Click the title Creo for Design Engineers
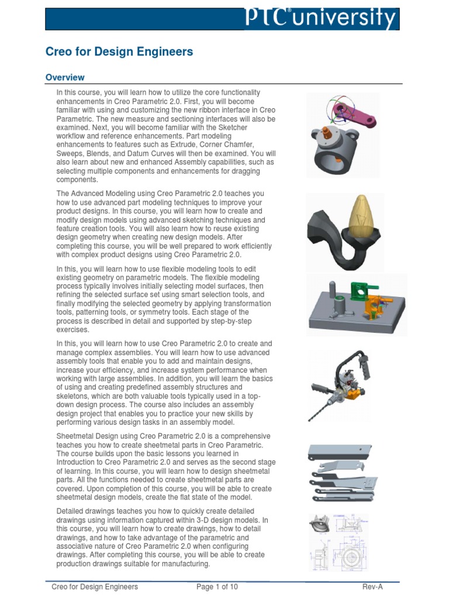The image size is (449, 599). click(119, 52)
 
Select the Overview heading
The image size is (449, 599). click(65, 77)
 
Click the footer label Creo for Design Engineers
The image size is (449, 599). click(95, 586)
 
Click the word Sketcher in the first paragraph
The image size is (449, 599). click(232, 127)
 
